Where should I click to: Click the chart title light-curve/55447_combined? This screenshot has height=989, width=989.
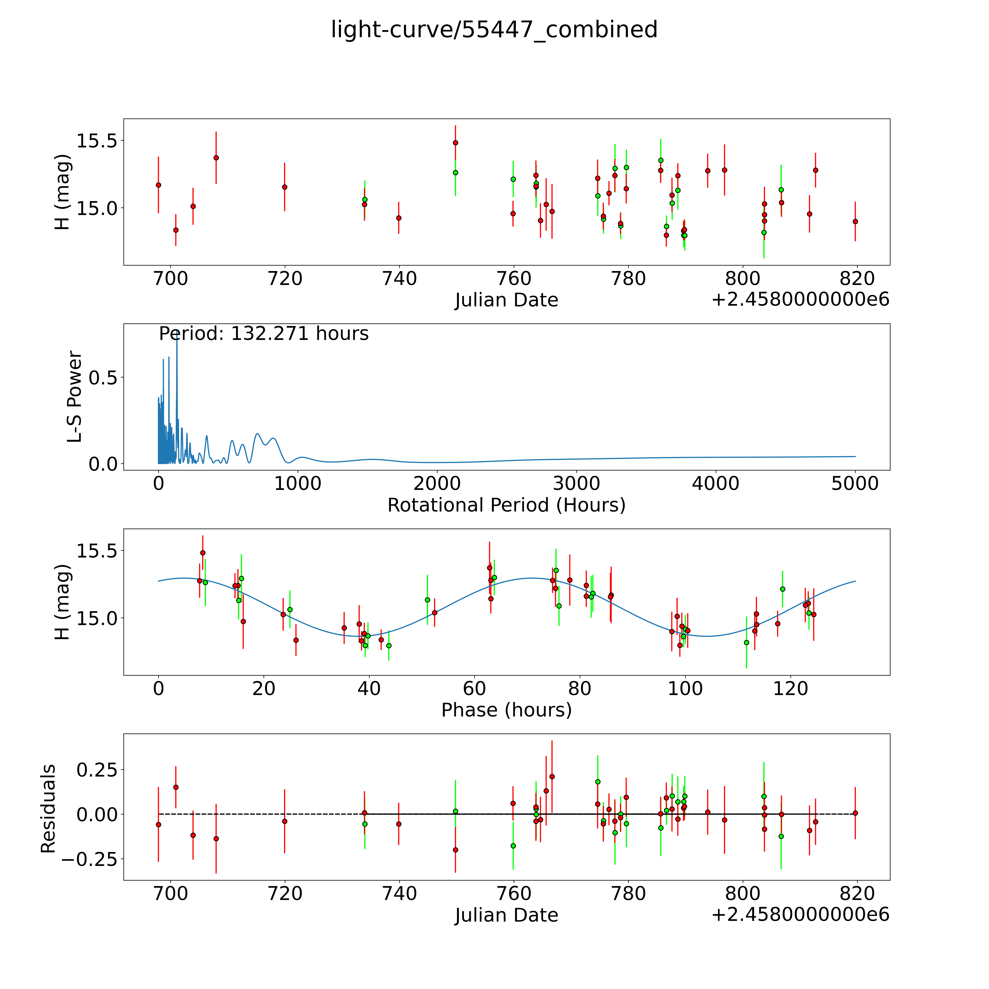click(x=494, y=30)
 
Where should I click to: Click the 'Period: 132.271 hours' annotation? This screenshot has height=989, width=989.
click(x=264, y=334)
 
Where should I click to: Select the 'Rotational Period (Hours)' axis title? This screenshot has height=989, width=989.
click(x=506, y=505)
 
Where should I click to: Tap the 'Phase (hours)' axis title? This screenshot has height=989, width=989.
click(x=506, y=710)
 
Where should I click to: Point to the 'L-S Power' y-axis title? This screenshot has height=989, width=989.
click(x=75, y=397)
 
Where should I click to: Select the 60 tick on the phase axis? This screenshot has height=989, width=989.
click(x=475, y=688)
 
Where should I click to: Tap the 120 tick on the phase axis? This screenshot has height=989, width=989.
click(x=790, y=688)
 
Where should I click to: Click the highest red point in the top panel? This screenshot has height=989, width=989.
click(x=455, y=143)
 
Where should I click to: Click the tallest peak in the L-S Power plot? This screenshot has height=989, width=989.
click(x=177, y=333)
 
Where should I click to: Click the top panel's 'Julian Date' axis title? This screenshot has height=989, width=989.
click(x=506, y=300)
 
